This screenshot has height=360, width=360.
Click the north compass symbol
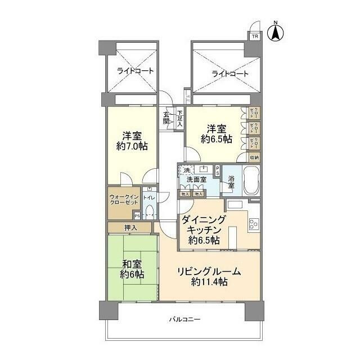(x=276, y=31)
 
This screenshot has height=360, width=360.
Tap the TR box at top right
(x=254, y=36)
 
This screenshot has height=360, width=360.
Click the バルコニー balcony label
(x=185, y=319)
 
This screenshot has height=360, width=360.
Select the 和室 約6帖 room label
(x=131, y=269)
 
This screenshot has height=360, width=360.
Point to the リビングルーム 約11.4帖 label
(x=209, y=277)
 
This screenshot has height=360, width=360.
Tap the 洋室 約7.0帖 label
(x=132, y=141)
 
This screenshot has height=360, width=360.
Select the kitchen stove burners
(x=254, y=223)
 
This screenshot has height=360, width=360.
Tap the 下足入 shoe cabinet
(x=180, y=118)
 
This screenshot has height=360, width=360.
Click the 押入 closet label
(x=130, y=227)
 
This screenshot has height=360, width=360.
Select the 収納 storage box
(x=254, y=157)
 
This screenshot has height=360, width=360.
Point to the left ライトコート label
(x=136, y=71)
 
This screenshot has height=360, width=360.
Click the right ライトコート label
(x=230, y=74)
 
